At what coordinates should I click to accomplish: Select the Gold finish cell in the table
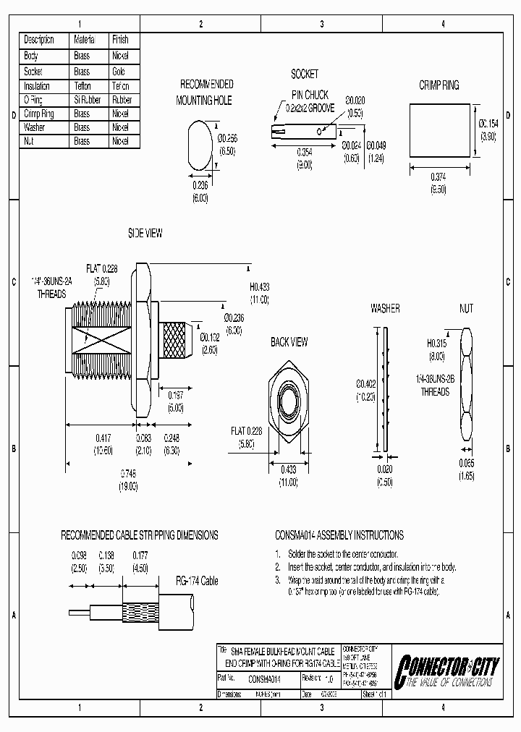click(x=119, y=72)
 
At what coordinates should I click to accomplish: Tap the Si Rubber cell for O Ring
click(x=82, y=100)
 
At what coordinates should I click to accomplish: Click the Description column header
click(x=40, y=40)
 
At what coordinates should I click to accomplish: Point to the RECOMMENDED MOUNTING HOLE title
click(x=206, y=93)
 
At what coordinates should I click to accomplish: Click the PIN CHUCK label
click(x=310, y=95)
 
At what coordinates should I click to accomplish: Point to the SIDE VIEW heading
click(x=145, y=233)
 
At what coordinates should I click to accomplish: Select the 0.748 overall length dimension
click(x=128, y=474)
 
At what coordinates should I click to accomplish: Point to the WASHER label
click(x=385, y=308)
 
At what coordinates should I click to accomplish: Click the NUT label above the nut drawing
click(x=466, y=308)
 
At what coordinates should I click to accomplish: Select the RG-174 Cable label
click(x=197, y=581)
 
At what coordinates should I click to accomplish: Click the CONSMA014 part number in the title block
click(x=264, y=679)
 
